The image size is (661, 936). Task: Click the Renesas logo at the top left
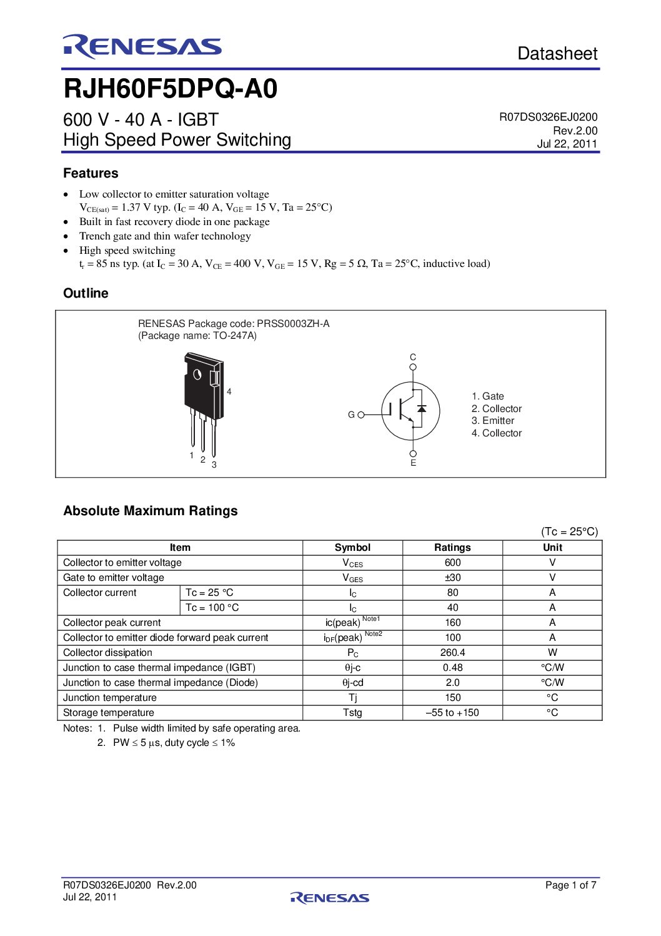point(142,47)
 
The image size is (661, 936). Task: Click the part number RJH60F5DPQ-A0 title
point(171,89)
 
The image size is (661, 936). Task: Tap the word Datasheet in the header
point(557,54)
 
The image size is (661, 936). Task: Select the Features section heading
point(91,173)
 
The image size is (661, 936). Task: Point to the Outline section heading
point(86,293)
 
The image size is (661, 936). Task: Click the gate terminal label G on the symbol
point(351,415)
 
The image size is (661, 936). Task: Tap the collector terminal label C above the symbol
point(413,357)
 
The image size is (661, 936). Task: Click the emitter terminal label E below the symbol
point(413,463)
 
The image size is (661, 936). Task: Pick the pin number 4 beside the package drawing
point(229,391)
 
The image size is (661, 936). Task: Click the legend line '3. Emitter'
point(493,421)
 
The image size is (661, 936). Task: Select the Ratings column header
point(452,548)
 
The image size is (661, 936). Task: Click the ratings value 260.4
point(452,653)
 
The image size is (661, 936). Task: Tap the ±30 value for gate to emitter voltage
point(452,578)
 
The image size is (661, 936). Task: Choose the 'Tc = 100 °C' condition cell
point(212,608)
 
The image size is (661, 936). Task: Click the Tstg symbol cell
point(352,713)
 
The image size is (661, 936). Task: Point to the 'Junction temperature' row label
point(110,698)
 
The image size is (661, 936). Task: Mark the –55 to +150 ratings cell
point(452,713)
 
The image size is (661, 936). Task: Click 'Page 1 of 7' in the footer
point(570,885)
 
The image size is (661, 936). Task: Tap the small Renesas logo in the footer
point(330,898)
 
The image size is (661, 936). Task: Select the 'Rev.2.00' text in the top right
point(575,131)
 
